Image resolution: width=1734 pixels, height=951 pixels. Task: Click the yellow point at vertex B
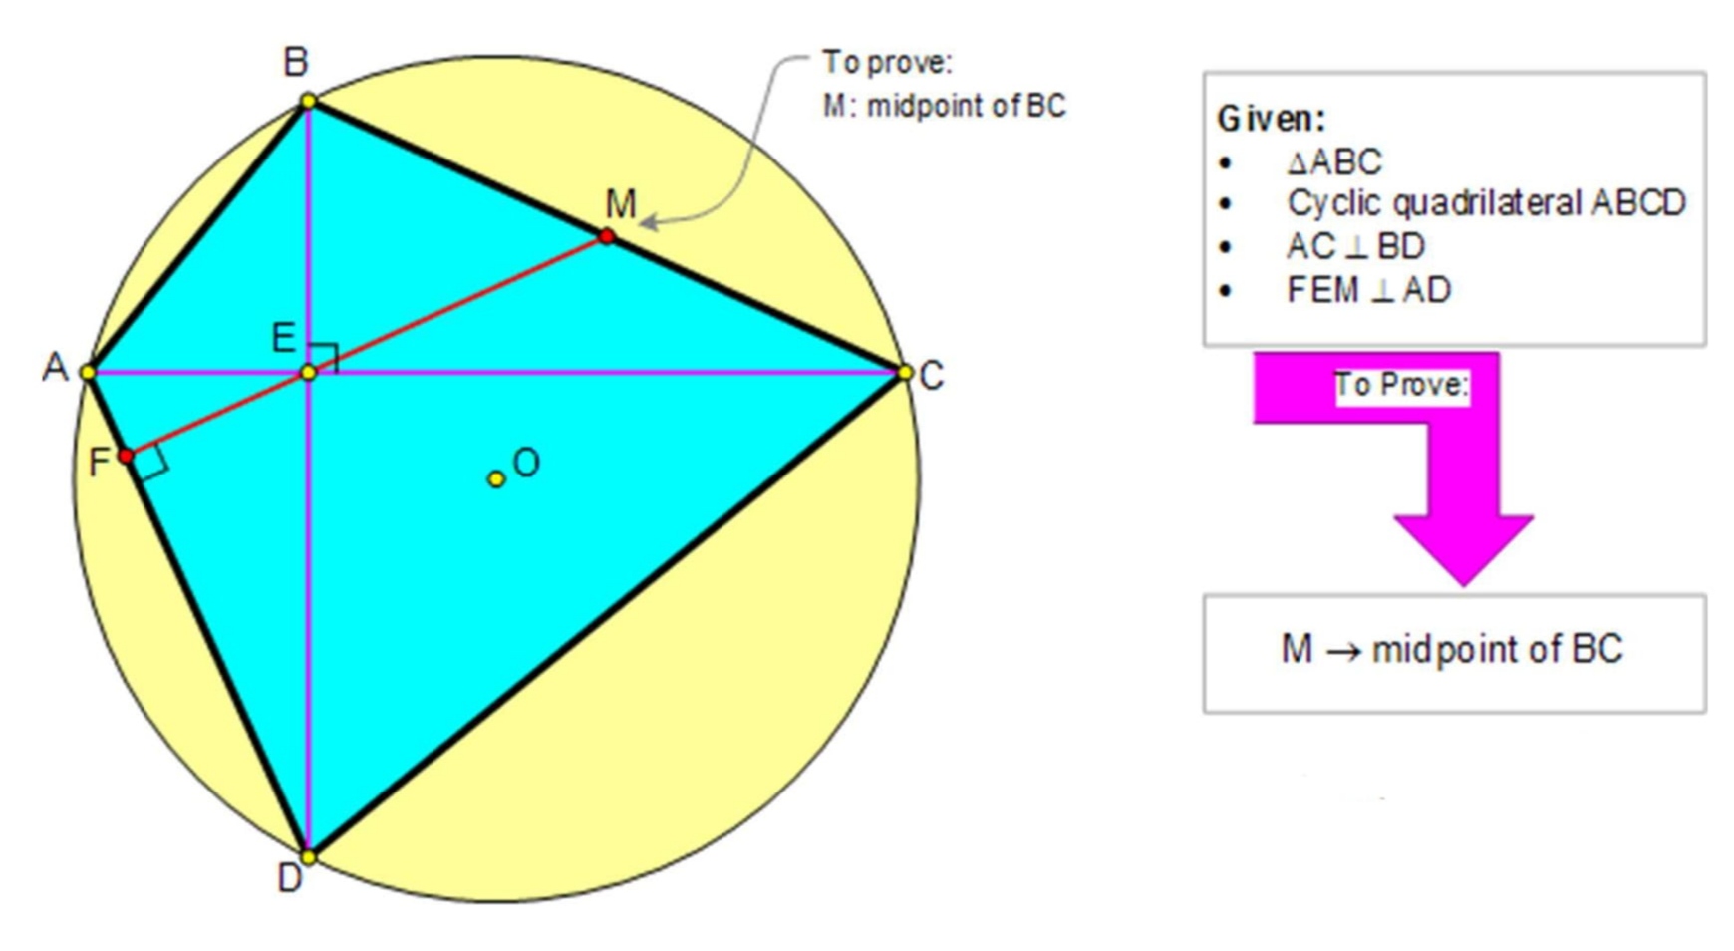point(309,101)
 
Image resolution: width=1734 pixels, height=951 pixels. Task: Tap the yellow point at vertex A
point(88,372)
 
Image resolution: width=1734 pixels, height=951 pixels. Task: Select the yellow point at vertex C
point(905,372)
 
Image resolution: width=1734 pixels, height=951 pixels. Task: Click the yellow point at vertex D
point(309,856)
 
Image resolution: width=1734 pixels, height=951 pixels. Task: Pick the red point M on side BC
point(607,236)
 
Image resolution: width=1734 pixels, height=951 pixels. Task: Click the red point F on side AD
point(126,456)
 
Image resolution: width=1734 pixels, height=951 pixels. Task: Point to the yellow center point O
point(495,479)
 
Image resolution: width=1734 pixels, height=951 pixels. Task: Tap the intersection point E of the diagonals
point(309,372)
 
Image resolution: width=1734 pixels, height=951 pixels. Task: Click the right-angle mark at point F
point(151,463)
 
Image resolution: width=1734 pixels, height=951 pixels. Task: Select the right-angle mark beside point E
point(325,356)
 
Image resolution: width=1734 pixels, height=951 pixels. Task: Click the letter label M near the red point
point(620,204)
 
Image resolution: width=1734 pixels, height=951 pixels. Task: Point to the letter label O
point(526,463)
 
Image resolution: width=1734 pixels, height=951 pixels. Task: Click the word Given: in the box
point(1271,119)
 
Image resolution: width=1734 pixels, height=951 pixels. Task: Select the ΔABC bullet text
point(1334,161)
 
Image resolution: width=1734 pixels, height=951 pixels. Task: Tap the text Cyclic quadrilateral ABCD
point(1486,203)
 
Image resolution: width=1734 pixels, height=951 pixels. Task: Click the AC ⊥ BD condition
point(1355,246)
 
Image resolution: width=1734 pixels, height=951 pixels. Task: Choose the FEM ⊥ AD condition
point(1368,290)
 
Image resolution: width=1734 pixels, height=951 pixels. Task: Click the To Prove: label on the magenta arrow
point(1401,384)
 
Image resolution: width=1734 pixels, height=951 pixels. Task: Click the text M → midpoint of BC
point(1452,650)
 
